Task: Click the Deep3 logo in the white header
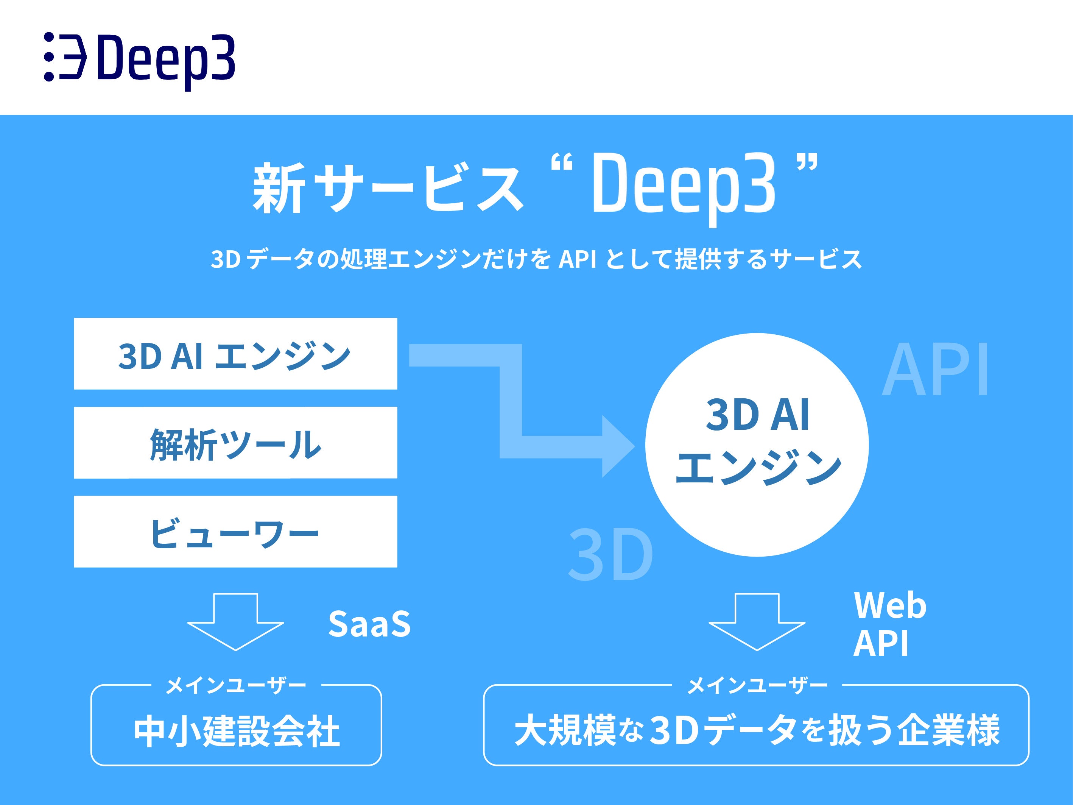[140, 58]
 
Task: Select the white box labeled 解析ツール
[235, 443]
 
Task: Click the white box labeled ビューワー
[235, 531]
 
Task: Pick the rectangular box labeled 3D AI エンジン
[235, 354]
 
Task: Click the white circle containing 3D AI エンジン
[757, 445]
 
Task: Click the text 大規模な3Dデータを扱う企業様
[757, 730]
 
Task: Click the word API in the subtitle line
[577, 259]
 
